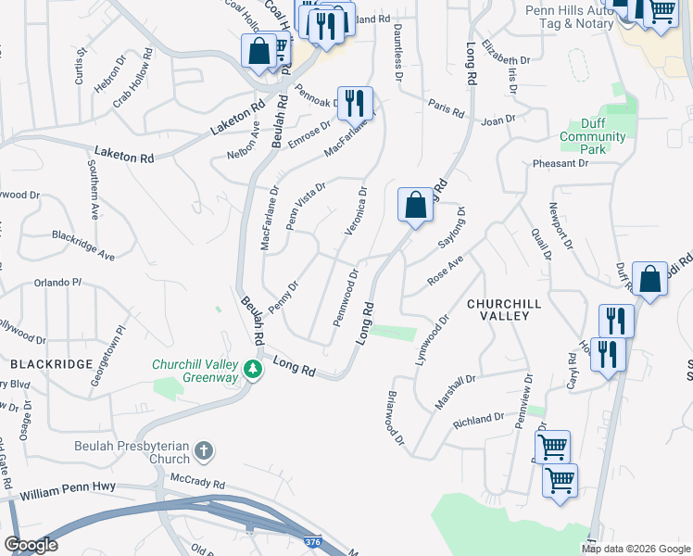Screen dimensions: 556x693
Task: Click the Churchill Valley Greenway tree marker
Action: click(251, 371)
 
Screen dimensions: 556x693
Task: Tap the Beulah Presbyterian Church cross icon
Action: click(204, 452)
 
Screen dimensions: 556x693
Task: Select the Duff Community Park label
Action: click(592, 136)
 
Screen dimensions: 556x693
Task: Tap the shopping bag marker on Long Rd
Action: click(416, 204)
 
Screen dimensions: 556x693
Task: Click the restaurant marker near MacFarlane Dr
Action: click(355, 103)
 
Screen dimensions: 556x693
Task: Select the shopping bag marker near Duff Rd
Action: click(650, 279)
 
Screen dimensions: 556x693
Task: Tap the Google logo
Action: click(31, 545)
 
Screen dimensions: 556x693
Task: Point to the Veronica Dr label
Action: click(356, 211)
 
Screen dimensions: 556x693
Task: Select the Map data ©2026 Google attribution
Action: click(636, 548)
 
